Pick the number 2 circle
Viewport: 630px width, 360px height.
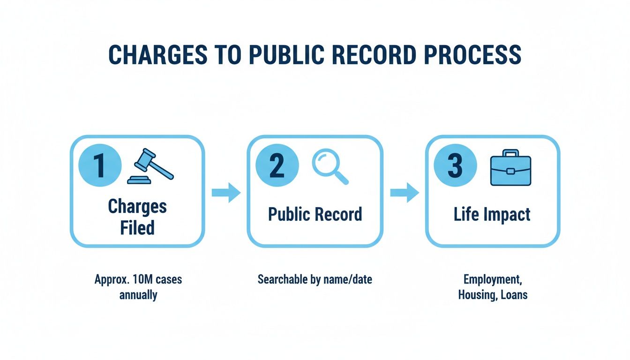click(x=277, y=166)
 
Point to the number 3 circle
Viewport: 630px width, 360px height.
click(x=455, y=166)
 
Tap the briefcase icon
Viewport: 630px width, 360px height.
click(x=510, y=168)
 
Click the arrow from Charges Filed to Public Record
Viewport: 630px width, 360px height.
click(x=226, y=192)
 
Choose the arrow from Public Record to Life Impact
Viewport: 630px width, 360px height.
click(x=404, y=192)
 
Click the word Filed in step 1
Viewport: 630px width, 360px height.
click(x=137, y=228)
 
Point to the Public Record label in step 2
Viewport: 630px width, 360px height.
click(x=315, y=214)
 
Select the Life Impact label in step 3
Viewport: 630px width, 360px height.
click(x=492, y=214)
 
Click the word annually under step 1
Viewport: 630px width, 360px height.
click(x=138, y=295)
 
